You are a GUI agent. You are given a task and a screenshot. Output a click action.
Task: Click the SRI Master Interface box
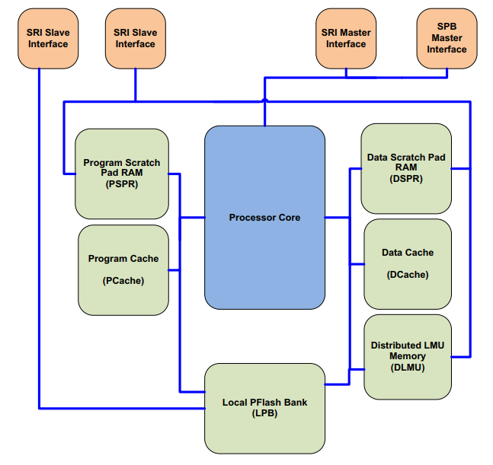point(346,38)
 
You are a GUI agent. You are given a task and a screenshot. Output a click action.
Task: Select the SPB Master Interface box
point(447,37)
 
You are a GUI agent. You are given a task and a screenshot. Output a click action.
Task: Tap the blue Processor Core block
point(264,217)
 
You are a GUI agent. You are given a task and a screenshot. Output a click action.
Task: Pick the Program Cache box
point(123,269)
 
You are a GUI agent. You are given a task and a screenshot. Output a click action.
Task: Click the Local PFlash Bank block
point(264,408)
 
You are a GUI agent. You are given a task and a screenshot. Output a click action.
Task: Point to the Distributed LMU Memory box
point(407,356)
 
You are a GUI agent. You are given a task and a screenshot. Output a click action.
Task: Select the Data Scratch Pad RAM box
point(405,168)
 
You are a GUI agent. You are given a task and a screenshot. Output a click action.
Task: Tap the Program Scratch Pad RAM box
point(122,174)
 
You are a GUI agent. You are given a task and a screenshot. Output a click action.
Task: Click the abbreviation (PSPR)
point(122,183)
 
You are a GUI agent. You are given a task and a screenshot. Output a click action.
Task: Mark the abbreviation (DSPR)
point(406,179)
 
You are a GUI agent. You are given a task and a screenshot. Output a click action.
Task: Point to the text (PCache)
point(123,281)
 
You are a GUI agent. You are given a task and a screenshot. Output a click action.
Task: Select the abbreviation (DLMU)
point(407,368)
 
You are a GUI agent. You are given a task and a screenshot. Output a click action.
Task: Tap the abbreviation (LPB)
point(265,413)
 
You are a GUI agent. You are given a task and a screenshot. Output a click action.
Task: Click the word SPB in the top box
point(447,27)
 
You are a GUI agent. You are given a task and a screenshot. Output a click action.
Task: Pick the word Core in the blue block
point(288,218)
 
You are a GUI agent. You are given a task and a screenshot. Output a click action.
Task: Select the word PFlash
point(266,402)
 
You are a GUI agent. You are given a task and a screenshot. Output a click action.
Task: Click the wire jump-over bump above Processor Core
point(264,100)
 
